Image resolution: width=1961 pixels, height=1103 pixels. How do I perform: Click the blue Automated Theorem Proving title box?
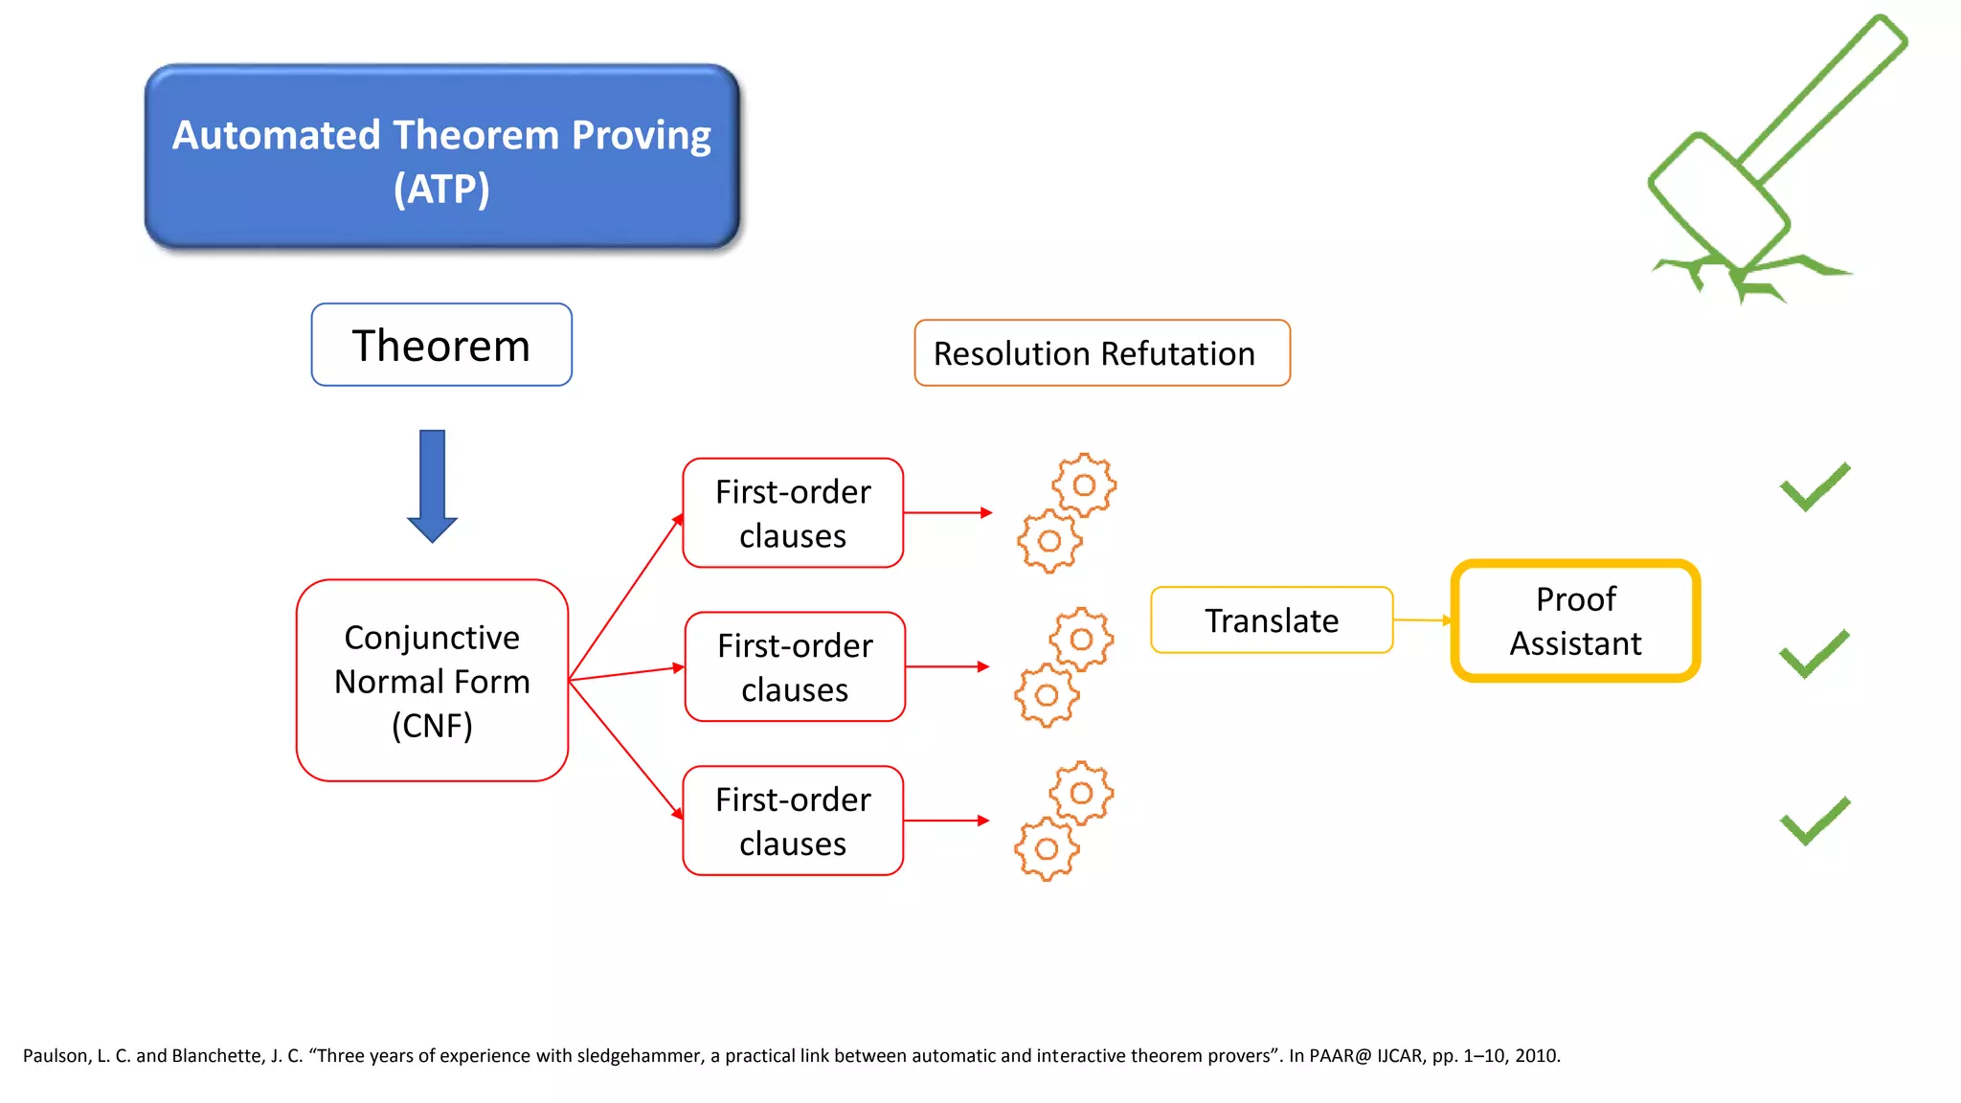point(441,158)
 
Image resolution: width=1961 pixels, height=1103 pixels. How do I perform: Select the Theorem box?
point(441,345)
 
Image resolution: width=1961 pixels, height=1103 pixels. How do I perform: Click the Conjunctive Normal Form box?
point(432,681)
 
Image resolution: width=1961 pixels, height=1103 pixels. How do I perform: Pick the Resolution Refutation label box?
point(1101,353)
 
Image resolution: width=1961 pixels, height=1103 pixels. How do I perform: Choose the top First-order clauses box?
point(793,513)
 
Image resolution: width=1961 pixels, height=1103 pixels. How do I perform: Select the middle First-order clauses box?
point(795,666)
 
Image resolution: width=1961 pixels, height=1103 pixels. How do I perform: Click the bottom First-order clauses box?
point(793,821)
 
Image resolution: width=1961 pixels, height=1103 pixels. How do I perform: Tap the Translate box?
point(1271,620)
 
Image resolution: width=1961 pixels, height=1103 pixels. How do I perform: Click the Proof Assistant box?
point(1575,620)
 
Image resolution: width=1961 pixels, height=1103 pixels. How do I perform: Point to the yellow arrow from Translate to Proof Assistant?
point(1422,620)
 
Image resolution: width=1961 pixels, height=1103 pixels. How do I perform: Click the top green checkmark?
point(1814,487)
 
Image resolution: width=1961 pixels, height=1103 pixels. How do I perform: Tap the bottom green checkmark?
point(1814,822)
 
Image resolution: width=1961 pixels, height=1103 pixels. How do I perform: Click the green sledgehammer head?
point(1719,201)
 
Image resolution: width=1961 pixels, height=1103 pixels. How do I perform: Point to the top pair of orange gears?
point(1067,513)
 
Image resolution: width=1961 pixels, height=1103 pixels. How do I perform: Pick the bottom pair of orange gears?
point(1064,822)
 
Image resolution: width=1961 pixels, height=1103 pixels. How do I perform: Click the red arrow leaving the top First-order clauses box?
point(947,513)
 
